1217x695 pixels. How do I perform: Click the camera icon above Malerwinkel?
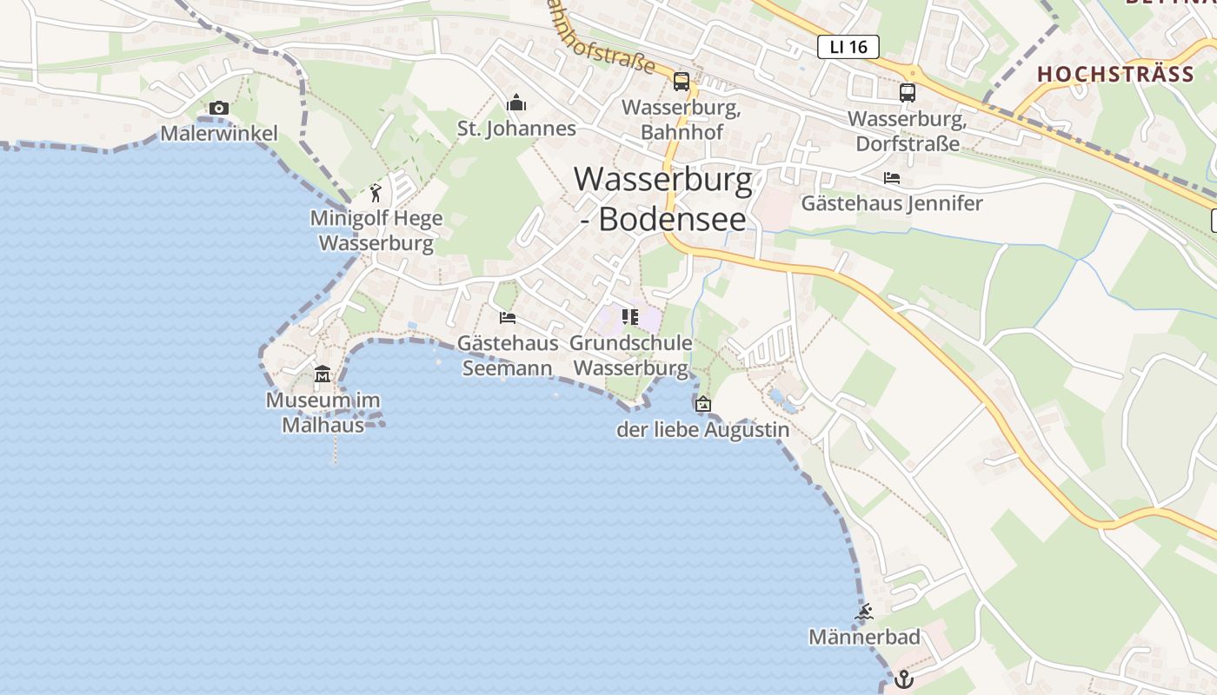(219, 109)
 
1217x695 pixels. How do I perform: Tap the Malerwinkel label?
(219, 133)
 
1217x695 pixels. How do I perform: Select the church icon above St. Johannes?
(516, 104)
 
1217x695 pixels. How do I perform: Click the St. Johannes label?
(516, 129)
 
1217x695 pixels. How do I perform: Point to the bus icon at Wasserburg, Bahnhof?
(682, 82)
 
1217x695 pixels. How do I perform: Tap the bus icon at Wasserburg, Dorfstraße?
(908, 92)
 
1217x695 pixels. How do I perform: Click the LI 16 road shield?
(848, 47)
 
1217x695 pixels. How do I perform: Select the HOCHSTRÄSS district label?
(1115, 74)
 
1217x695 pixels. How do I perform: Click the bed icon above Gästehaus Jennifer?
(892, 178)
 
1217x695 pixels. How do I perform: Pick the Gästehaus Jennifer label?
(892, 203)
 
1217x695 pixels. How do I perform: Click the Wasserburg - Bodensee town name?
(663, 198)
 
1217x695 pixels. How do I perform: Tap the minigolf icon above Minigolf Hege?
(376, 193)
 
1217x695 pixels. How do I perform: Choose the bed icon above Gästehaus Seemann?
(508, 318)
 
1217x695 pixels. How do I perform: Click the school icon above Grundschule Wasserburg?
(630, 316)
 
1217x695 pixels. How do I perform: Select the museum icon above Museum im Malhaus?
(323, 374)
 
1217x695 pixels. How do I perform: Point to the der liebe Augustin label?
(703, 429)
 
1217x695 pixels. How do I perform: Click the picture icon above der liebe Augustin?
(703, 404)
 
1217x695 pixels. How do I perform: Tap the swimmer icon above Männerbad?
(864, 612)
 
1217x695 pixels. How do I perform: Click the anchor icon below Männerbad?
(904, 678)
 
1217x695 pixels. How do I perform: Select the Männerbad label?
(864, 637)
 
